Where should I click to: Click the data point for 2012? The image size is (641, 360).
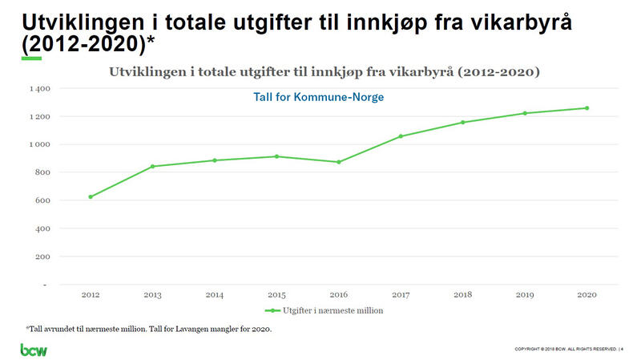pyautogui.click(x=91, y=196)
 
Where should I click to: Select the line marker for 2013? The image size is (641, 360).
pyautogui.click(x=152, y=166)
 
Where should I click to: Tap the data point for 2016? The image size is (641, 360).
pyautogui.click(x=339, y=162)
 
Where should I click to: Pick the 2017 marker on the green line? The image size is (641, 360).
pyautogui.click(x=401, y=136)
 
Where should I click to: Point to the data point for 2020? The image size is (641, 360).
pyautogui.click(x=587, y=108)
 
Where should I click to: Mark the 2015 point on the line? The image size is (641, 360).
pyautogui.click(x=276, y=156)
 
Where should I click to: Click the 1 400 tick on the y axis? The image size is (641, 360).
pyautogui.click(x=39, y=88)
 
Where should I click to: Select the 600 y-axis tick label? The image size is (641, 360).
pyautogui.click(x=42, y=200)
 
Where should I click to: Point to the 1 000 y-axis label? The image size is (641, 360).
pyautogui.click(x=39, y=144)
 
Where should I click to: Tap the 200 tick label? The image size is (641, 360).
pyautogui.click(x=42, y=257)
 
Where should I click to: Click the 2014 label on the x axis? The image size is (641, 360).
pyautogui.click(x=215, y=295)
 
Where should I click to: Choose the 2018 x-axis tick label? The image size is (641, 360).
pyautogui.click(x=463, y=295)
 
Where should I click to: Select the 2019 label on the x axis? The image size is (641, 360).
pyautogui.click(x=525, y=295)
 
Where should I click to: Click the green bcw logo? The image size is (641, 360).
pyautogui.click(x=34, y=350)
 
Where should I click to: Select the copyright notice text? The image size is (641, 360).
pyautogui.click(x=565, y=350)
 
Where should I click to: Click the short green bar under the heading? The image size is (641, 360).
pyautogui.click(x=31, y=59)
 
